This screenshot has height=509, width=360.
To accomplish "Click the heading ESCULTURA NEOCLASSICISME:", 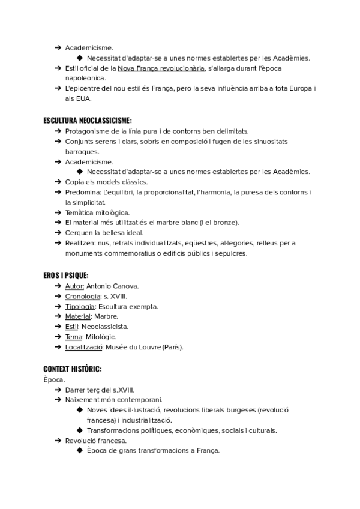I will point(88,121).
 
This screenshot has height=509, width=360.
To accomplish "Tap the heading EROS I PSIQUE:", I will point(66,275).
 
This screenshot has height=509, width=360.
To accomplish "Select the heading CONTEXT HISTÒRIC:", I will point(72,368).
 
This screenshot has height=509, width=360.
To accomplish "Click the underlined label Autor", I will point(74,286).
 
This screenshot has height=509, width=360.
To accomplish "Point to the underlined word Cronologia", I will point(82,297).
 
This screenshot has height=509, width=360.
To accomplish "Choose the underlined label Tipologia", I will point(80,307).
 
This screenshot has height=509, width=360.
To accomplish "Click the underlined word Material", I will point(78,316).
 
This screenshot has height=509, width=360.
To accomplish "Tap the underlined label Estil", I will point(71,327).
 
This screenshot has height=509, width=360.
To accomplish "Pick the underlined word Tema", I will point(74,337).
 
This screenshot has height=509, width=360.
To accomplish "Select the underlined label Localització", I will point(84,347).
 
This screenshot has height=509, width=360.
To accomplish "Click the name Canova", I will point(125,286).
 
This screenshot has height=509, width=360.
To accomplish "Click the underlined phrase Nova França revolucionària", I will point(161,69).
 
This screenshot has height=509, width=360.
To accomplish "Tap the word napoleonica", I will point(86,79).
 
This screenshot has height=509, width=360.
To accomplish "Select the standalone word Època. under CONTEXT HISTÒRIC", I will point(53,379).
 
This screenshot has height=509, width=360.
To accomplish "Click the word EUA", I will point(83,99).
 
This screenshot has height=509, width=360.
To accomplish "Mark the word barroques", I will point(83,152).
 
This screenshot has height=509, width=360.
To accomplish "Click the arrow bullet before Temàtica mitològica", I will point(57,212).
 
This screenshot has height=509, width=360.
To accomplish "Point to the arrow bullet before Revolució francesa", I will point(57,441).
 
